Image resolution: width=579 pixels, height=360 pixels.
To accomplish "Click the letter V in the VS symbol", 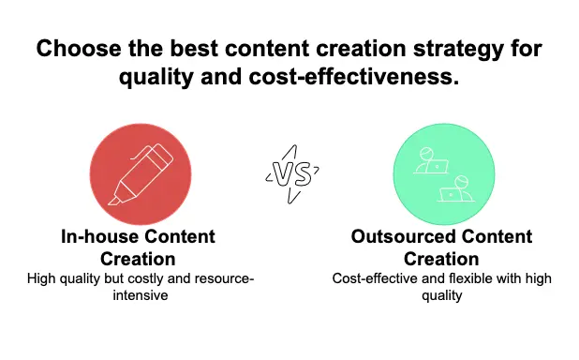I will click(281, 172).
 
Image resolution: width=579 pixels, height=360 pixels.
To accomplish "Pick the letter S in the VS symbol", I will click(301, 172).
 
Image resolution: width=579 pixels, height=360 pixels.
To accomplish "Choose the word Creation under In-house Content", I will click(140, 258).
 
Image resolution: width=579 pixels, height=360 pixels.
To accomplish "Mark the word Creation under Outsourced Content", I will click(441, 258).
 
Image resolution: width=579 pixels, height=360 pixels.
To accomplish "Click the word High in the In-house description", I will click(43, 278).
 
